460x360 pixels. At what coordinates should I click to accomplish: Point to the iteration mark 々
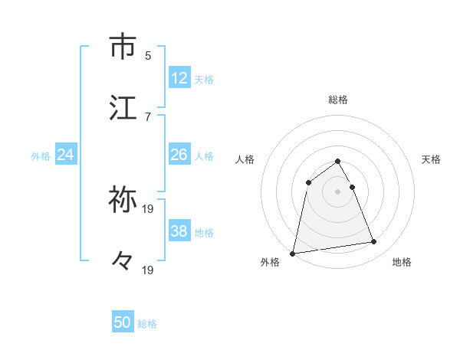point(123,261)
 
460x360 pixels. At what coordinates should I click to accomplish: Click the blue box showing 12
point(179,78)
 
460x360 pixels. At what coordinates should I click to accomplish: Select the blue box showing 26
point(179,155)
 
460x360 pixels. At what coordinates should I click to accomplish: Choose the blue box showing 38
point(179,231)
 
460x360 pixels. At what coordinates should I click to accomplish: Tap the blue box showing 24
point(66,155)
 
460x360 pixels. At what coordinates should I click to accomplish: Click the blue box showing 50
point(123,323)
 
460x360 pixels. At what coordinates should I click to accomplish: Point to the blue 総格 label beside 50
point(147,324)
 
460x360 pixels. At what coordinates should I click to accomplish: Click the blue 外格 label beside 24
point(41,156)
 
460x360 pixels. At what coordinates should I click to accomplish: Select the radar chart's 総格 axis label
point(338,100)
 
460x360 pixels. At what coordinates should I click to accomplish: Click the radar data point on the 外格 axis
point(293,253)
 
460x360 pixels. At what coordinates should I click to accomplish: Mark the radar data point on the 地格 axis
point(374,242)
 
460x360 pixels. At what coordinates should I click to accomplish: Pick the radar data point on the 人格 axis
point(308,182)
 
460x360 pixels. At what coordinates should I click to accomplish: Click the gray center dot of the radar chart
point(338,191)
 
